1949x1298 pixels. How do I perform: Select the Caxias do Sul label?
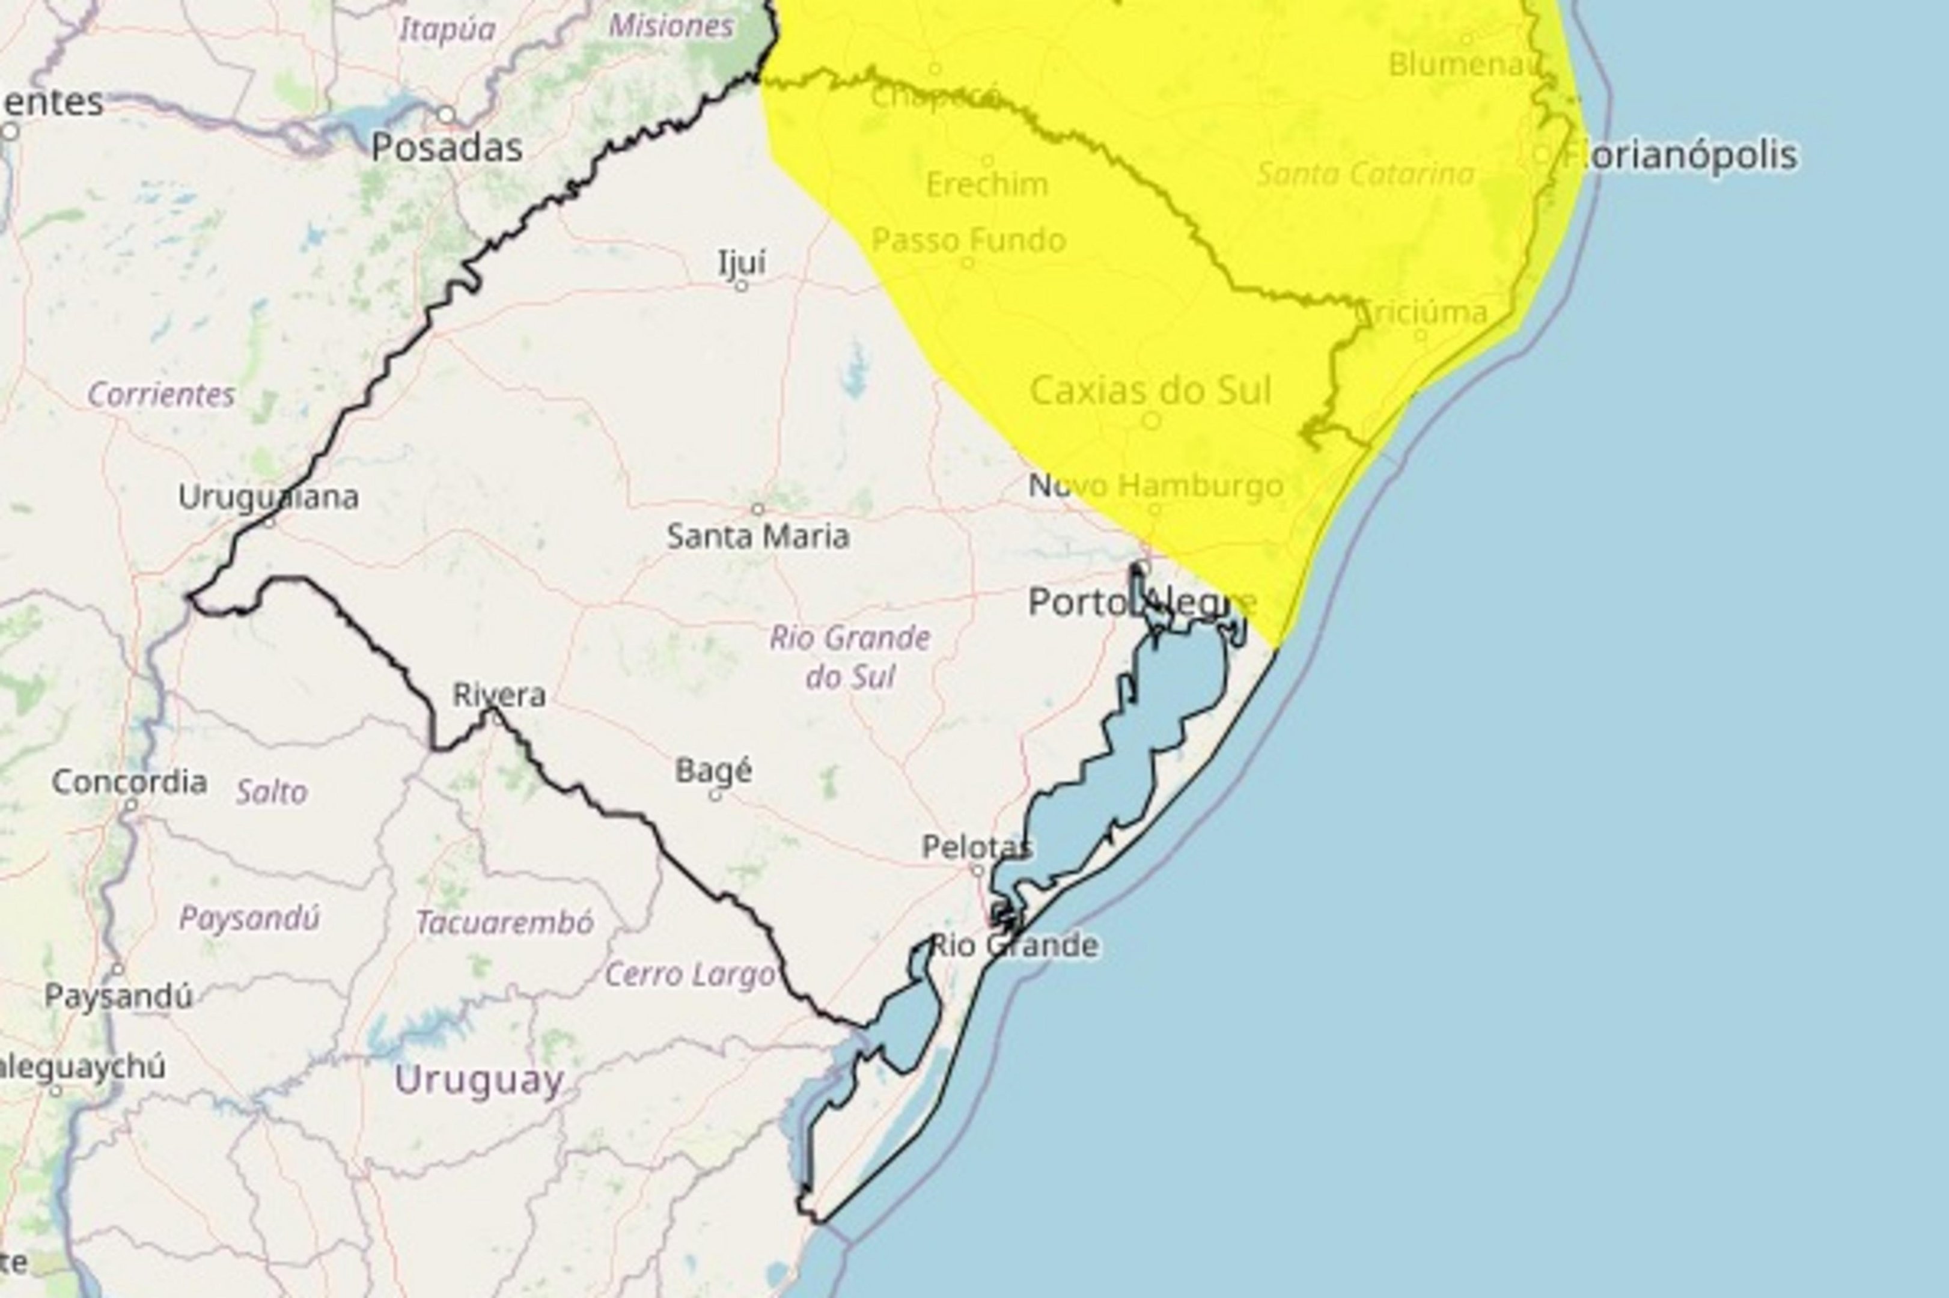(x=1150, y=391)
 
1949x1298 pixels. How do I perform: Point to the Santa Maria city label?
(x=758, y=537)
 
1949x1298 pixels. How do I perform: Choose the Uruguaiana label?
(x=268, y=497)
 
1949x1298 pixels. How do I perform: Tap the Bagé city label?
(x=714, y=770)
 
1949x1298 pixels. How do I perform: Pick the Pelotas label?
(x=977, y=847)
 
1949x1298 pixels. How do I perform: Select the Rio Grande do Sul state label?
(x=850, y=657)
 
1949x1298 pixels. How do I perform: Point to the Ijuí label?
(x=742, y=263)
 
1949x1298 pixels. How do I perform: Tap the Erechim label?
(x=987, y=184)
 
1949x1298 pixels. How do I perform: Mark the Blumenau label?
(x=1462, y=64)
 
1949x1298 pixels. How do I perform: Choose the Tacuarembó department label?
(x=505, y=922)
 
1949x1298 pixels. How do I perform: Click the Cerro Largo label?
(x=690, y=974)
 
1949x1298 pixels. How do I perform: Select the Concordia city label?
(x=129, y=781)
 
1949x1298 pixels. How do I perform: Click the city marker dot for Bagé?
(x=715, y=796)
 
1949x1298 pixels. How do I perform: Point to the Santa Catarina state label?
(x=1365, y=174)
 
